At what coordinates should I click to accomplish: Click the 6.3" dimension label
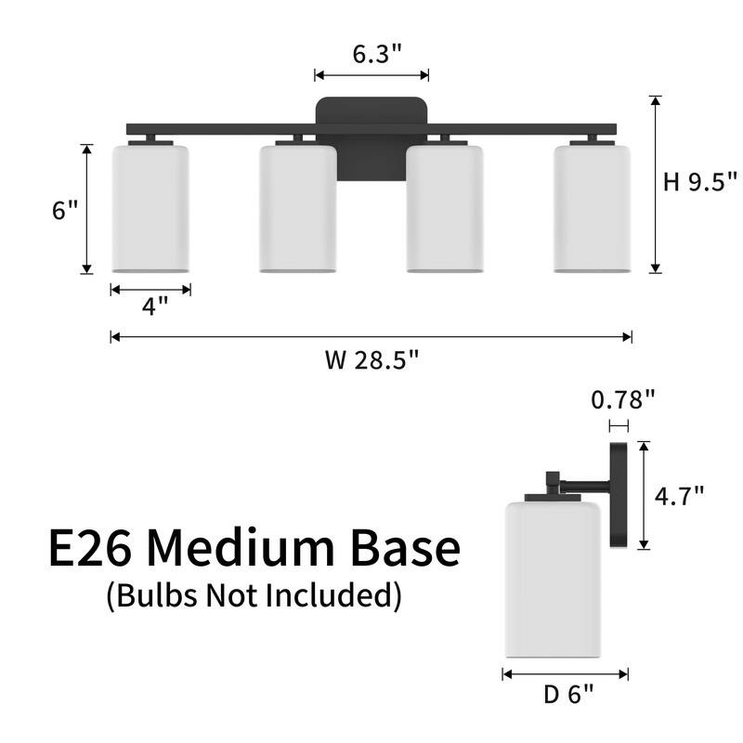click(377, 54)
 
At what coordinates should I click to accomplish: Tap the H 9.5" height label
click(700, 182)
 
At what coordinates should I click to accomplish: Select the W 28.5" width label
click(372, 359)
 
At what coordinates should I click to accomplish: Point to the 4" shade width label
click(154, 306)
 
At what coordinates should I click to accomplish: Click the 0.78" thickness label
click(622, 399)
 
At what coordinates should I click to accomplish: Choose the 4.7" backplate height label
click(679, 496)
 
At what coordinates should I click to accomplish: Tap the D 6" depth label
click(568, 695)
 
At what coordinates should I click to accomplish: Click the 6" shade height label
click(65, 210)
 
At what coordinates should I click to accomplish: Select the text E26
click(90, 548)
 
